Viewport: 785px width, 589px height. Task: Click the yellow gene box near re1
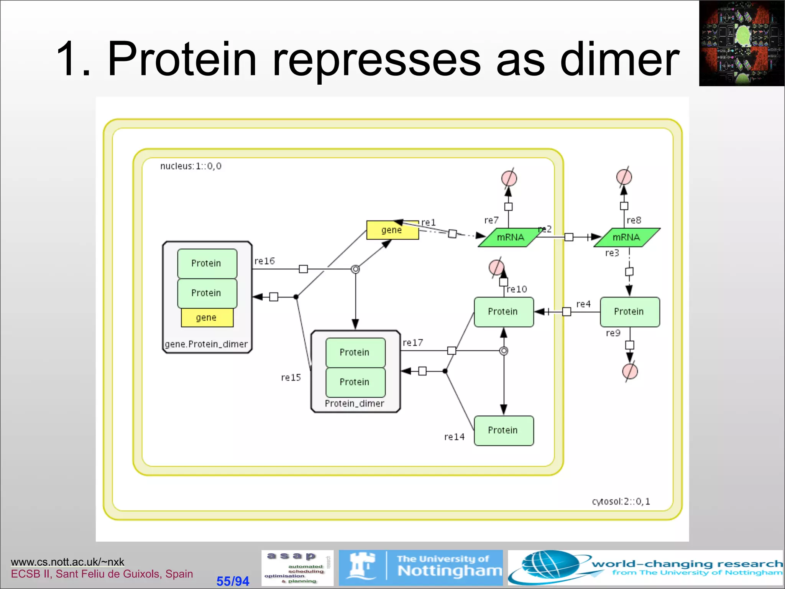(x=392, y=230)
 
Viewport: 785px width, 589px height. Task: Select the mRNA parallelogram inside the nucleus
(x=510, y=237)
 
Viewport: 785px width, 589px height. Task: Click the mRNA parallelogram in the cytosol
(x=627, y=237)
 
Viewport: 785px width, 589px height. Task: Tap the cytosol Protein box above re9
(x=629, y=312)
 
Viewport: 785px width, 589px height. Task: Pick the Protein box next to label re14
(x=503, y=431)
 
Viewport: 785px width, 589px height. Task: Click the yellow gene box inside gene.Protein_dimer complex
(x=207, y=318)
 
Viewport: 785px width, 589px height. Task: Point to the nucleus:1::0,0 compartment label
(x=191, y=166)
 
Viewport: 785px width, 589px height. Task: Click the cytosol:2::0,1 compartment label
(x=621, y=502)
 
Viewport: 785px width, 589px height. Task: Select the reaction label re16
(x=264, y=261)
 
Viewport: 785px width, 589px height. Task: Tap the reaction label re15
(x=291, y=378)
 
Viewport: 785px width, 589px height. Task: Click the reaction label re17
(x=413, y=343)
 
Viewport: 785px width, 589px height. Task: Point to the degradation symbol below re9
(x=630, y=371)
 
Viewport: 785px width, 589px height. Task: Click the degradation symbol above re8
(x=624, y=177)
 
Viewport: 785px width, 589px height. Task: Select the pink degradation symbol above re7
(x=509, y=178)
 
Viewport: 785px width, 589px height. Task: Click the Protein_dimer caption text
(x=354, y=404)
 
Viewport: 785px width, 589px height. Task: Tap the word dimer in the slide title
(x=619, y=59)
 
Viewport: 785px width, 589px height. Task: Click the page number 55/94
(x=233, y=581)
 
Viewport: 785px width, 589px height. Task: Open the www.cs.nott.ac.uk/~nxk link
(x=67, y=562)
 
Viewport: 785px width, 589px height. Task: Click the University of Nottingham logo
(x=420, y=568)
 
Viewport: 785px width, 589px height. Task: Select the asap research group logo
(x=297, y=568)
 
